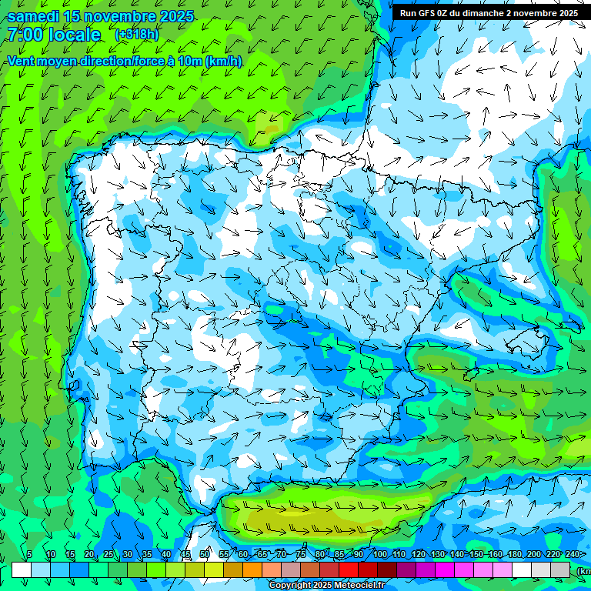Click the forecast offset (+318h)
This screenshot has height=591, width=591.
[x=136, y=34]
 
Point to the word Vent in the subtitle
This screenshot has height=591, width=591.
[x=22, y=62]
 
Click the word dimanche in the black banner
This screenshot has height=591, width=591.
[x=483, y=13]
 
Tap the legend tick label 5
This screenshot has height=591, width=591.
[x=29, y=554]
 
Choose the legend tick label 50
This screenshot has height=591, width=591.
[x=205, y=554]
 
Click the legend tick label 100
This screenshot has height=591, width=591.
[x=379, y=554]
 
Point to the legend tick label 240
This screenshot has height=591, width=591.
[x=573, y=554]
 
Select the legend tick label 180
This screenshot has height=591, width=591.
[x=515, y=554]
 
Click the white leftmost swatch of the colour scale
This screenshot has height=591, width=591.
[x=22, y=569]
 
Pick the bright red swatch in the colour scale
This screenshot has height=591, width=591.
[x=349, y=569]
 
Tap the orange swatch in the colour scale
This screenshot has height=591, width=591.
[x=252, y=569]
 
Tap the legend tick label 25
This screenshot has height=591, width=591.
[x=109, y=554]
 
